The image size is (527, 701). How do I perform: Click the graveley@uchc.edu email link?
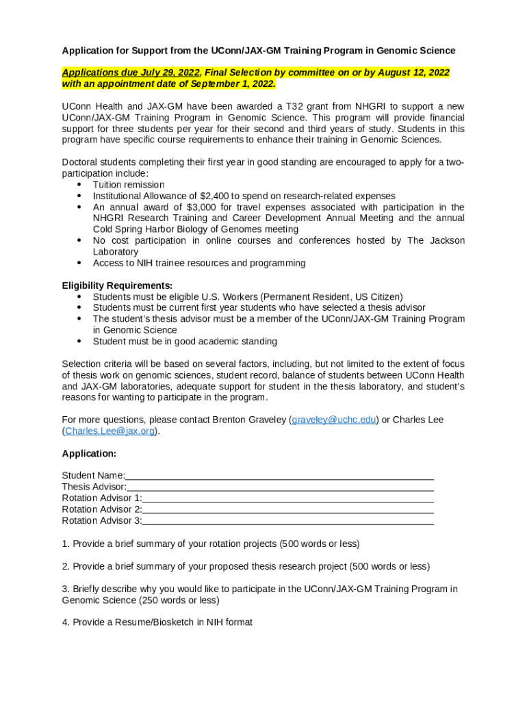pyautogui.click(x=334, y=420)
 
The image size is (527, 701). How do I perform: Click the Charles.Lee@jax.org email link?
pyautogui.click(x=110, y=431)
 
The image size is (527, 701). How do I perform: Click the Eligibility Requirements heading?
pyautogui.click(x=117, y=285)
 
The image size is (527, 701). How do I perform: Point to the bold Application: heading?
pyautogui.click(x=89, y=454)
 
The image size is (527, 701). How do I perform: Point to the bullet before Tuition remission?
pyautogui.click(x=80, y=185)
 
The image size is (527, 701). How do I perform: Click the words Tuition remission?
pyautogui.click(x=129, y=185)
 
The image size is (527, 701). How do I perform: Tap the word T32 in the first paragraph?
pyautogui.click(x=294, y=106)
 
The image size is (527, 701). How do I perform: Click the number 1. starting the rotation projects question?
pyautogui.click(x=66, y=544)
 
